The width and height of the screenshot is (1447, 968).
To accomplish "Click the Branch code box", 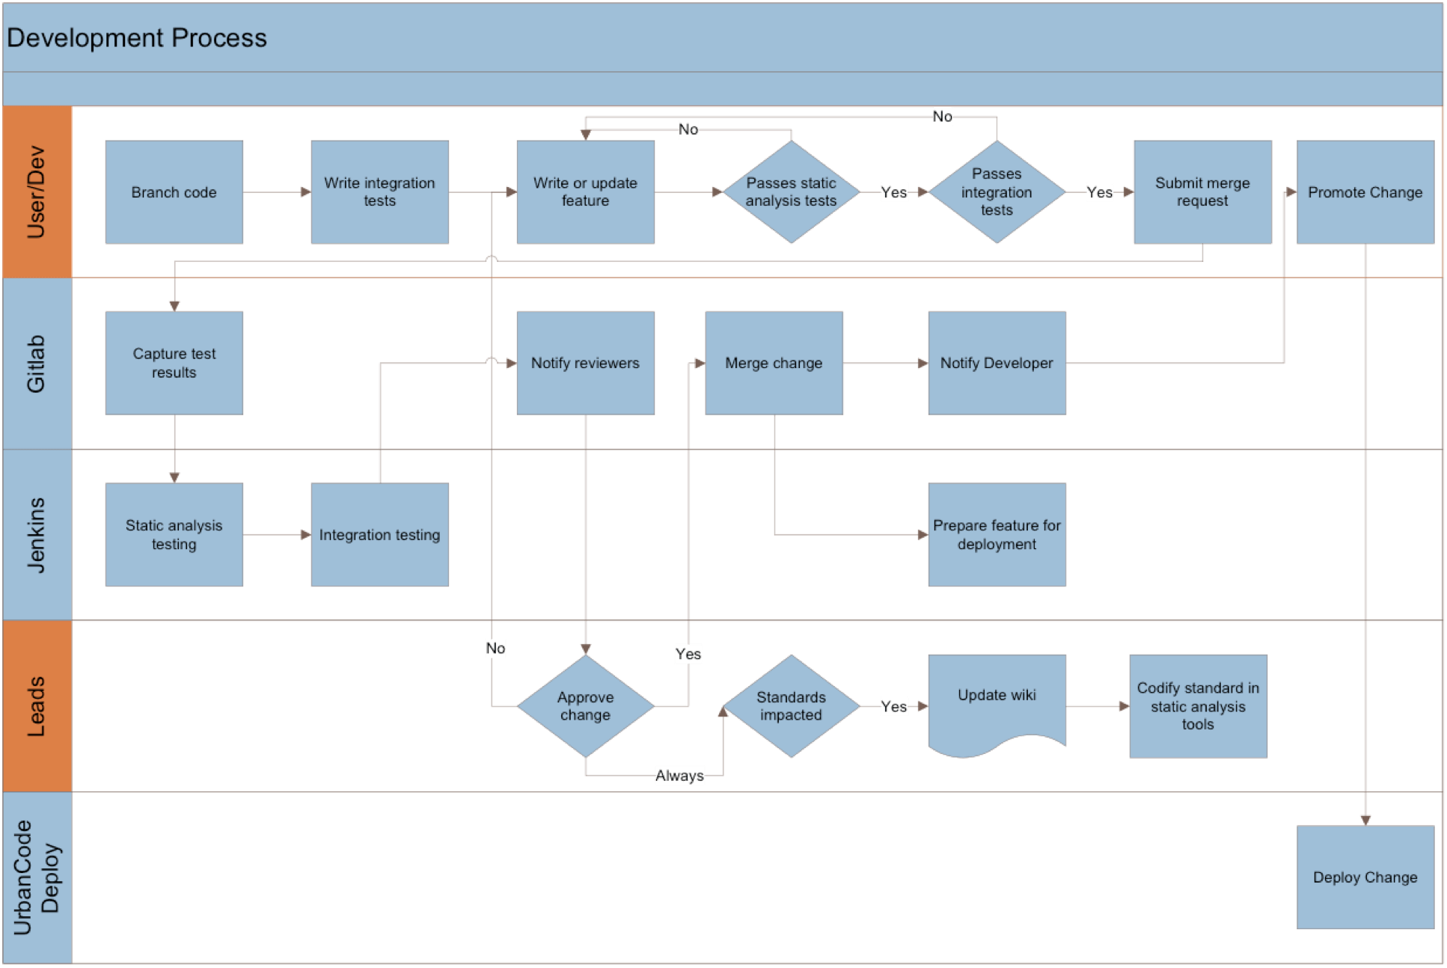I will [174, 192].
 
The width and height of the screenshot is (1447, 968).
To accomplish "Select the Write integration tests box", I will [379, 192].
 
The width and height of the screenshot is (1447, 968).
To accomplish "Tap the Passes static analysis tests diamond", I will [791, 192].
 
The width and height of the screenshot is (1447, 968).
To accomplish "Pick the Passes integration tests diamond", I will [997, 192].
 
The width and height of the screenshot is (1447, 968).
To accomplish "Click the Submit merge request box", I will [1202, 192].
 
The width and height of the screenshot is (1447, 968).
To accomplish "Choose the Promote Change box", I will [1365, 192].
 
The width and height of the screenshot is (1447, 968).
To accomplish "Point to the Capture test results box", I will [174, 363].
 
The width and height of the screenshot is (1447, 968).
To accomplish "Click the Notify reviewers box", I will [585, 363].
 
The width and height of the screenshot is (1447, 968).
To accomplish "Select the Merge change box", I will [774, 363].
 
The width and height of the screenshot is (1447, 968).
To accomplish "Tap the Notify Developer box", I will [997, 363].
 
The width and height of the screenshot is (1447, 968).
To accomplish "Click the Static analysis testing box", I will [174, 534].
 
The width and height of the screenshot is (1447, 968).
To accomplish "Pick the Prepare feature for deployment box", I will [997, 534].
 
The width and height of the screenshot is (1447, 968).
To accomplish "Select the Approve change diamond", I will [585, 705].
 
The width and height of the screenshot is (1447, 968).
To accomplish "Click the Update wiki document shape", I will [997, 699].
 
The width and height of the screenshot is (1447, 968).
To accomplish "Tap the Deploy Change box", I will [1365, 877].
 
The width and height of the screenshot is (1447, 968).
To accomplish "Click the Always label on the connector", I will [679, 776].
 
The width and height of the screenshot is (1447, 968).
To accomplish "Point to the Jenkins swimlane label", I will [37, 535].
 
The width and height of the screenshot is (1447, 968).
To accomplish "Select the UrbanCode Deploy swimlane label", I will [37, 877].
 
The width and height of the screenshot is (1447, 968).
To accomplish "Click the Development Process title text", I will [137, 38].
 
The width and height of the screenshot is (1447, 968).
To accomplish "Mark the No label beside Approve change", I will [495, 648].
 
